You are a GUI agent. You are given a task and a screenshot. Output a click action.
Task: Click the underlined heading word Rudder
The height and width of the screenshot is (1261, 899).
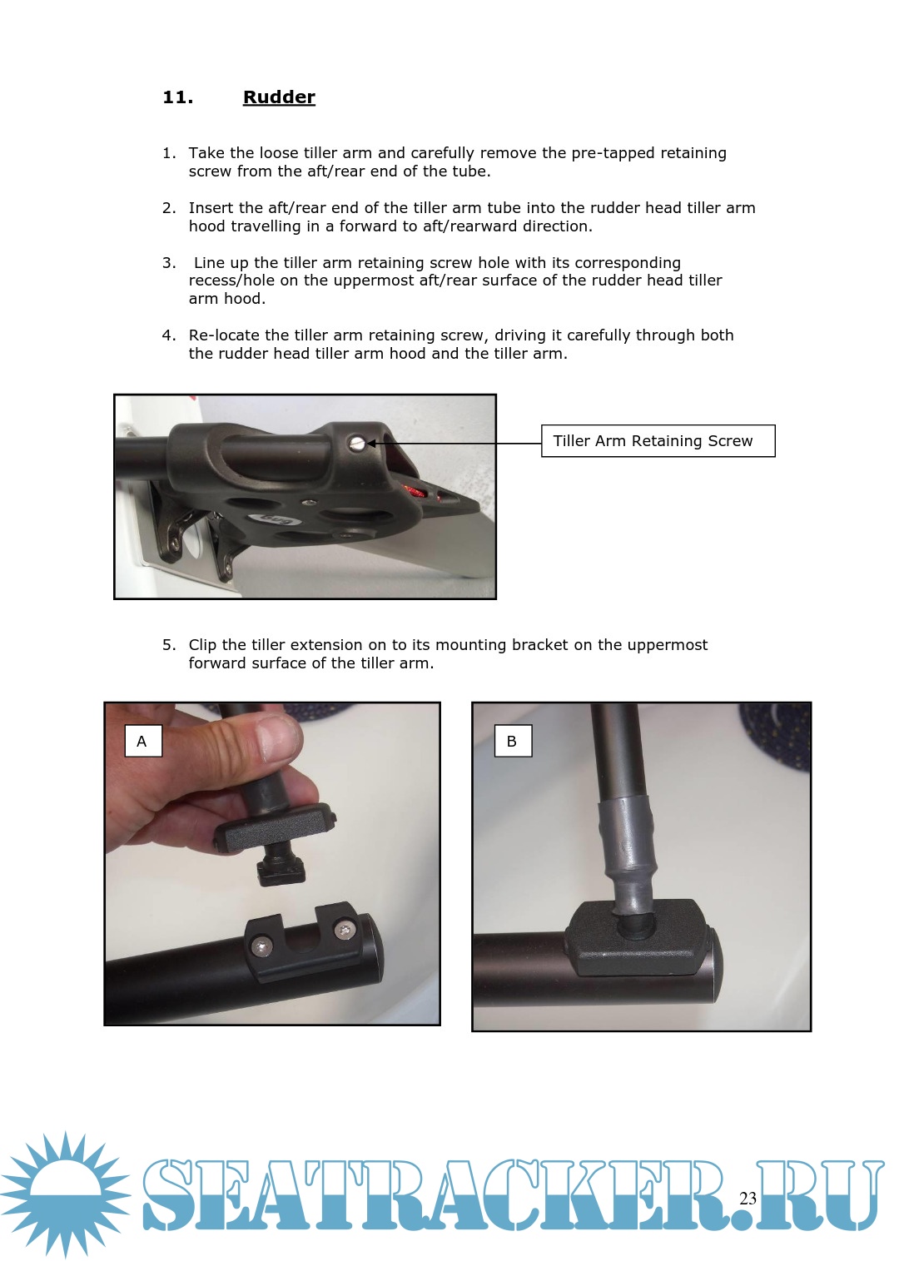click(x=279, y=97)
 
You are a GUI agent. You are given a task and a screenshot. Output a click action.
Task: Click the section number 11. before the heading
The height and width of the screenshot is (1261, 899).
click(x=177, y=97)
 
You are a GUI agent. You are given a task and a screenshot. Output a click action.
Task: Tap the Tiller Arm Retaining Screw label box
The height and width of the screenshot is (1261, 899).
click(x=658, y=441)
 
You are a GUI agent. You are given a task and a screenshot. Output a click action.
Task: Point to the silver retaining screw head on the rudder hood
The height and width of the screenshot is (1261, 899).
click(x=355, y=444)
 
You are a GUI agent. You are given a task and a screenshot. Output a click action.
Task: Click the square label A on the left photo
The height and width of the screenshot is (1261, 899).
click(x=143, y=741)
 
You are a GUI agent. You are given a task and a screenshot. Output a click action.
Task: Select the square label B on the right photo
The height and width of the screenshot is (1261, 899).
click(x=512, y=741)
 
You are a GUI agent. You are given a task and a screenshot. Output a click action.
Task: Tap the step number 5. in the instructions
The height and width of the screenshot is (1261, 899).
click(x=169, y=644)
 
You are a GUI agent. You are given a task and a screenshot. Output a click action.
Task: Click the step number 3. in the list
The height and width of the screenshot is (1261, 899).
click(x=169, y=263)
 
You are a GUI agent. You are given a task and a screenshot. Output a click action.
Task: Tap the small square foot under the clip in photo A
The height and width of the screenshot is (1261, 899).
click(x=281, y=871)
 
